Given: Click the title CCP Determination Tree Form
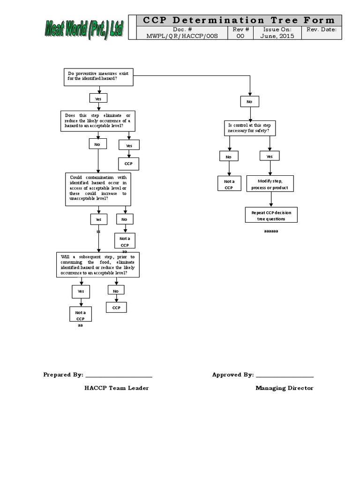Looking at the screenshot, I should coord(239,20).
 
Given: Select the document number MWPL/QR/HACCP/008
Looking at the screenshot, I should coord(184,36).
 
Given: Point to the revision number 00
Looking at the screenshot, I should coord(240,36).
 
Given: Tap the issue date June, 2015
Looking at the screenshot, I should coord(278,36).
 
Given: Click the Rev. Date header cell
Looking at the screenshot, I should coord(321,30).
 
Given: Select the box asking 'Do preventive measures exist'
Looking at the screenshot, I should coord(98,76).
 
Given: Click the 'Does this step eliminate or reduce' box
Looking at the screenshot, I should coord(98,120).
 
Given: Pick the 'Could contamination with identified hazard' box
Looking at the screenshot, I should coord(98,189).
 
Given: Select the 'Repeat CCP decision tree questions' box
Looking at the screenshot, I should coord(271,216).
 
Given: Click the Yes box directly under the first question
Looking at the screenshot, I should coord(98,98).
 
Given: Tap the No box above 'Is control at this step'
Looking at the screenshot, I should coord(249,101).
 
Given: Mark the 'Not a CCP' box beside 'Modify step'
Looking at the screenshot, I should coord(228,184).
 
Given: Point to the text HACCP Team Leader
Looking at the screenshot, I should coord(117,388).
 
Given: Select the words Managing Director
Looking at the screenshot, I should coord(284,388).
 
